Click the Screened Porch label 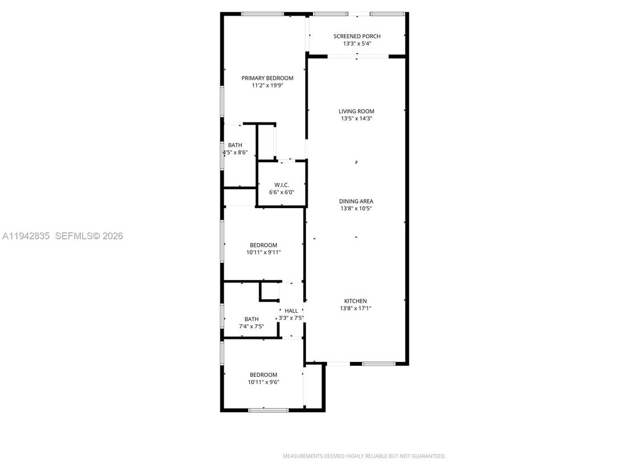(357, 36)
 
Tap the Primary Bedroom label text (267, 78)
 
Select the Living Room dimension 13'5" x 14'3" (357, 119)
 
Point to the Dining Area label (356, 201)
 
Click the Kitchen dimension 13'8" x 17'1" (356, 308)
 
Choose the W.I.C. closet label (281, 185)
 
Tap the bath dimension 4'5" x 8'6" (235, 152)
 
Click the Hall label (291, 311)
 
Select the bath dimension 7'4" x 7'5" (251, 327)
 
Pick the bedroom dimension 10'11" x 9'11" (263, 252)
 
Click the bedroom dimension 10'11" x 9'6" (263, 382)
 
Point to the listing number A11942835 (26, 236)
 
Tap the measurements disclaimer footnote (364, 456)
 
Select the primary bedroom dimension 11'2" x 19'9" (267, 86)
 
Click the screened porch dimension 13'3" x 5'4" (357, 44)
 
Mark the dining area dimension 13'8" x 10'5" (356, 209)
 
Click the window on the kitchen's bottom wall (379, 364)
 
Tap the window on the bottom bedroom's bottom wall (268, 410)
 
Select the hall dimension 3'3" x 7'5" (291, 318)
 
